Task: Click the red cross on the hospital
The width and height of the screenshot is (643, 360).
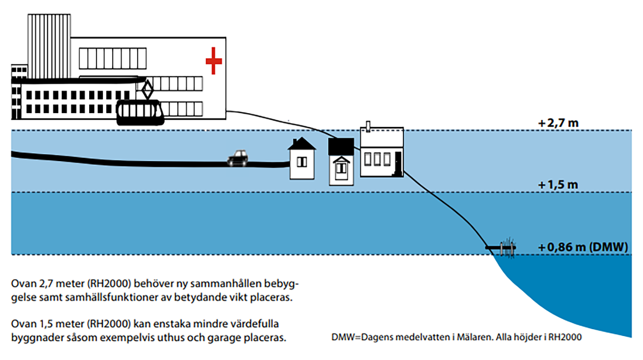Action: pos(213,60)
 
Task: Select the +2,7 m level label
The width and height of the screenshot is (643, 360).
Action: pos(558,123)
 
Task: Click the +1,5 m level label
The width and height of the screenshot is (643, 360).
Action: pos(558,185)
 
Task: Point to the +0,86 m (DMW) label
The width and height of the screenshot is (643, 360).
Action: pos(583,247)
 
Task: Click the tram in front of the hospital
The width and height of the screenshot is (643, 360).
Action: pos(141,112)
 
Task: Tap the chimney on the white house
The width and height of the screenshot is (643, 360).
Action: pos(368,126)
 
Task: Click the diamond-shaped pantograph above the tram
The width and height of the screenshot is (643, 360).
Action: pos(147,90)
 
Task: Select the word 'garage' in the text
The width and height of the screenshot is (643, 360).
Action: pos(224,338)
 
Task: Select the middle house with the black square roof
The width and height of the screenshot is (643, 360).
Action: pos(341,162)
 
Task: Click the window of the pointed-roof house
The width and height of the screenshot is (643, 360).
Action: pos(302,162)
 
